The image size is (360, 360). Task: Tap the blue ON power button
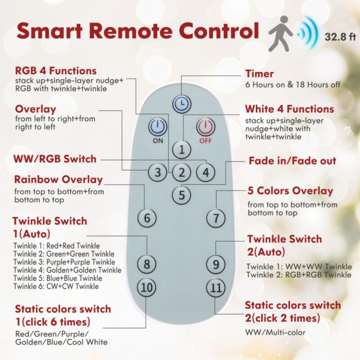pos(157,126)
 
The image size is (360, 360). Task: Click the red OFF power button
pos(206,126)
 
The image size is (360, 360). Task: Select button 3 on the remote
pos(157,172)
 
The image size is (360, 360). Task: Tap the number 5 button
pos(182,195)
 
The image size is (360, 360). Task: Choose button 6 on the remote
pos(147,218)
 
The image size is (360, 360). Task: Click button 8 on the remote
pos(147,264)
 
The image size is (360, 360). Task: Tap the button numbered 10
pos(147,287)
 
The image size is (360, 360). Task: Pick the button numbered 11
pos(216,287)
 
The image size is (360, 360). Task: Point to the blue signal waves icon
pos(308,32)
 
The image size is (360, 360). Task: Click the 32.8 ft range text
pos(340,37)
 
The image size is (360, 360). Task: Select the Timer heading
pos(260,74)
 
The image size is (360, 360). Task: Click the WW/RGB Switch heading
pos(55,159)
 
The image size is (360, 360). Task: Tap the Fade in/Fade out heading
pos(292,161)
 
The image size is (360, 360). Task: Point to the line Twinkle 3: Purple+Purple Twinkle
pos(64,262)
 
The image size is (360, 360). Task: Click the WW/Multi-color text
pos(275,332)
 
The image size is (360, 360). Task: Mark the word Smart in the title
pos(49,31)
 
